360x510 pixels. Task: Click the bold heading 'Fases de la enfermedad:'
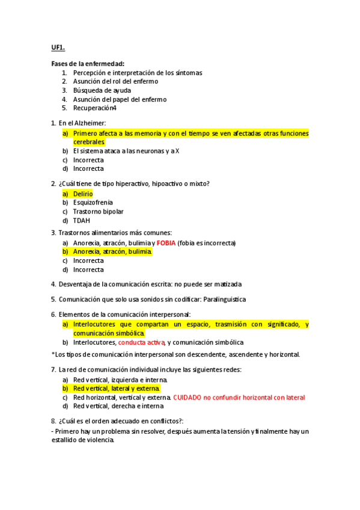click(x=88, y=64)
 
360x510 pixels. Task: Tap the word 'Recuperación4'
click(x=94, y=108)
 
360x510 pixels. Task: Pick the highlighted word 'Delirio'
click(x=83, y=194)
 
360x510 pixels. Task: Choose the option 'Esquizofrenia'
click(x=93, y=203)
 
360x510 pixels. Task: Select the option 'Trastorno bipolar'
click(x=98, y=212)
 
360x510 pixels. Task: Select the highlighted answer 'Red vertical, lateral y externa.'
click(x=117, y=389)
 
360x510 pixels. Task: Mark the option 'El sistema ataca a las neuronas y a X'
click(x=126, y=151)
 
